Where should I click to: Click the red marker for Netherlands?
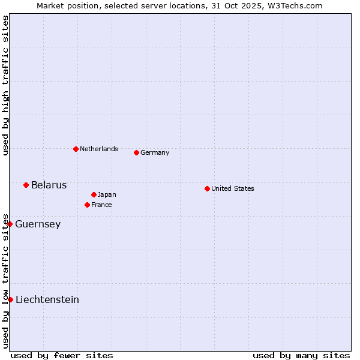click(76, 149)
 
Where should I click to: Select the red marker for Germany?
click(136, 152)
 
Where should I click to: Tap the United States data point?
click(207, 188)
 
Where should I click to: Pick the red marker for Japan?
click(94, 194)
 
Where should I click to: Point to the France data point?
click(87, 205)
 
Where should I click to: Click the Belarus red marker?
click(26, 185)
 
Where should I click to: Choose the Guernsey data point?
click(10, 224)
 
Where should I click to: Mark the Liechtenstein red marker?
click(10, 299)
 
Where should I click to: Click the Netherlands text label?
click(99, 149)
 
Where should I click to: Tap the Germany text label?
click(155, 152)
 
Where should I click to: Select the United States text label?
click(233, 188)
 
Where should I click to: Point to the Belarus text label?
click(49, 185)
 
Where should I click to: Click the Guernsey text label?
click(38, 224)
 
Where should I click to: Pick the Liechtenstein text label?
click(47, 300)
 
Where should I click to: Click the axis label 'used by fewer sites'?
click(62, 355)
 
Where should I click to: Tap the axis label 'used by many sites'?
click(301, 355)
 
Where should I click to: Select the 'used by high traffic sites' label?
click(5, 86)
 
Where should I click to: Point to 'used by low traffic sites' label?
click(5, 280)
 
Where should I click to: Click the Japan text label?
click(107, 194)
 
